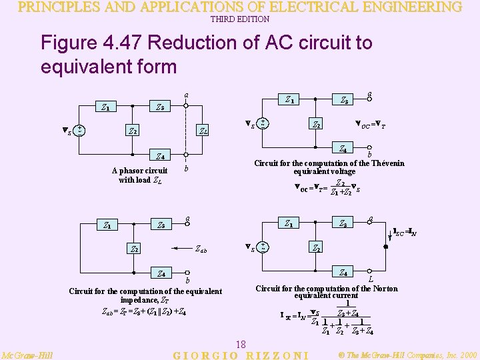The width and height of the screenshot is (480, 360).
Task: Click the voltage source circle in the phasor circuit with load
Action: (79, 130)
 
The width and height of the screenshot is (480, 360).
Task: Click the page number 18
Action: (241, 344)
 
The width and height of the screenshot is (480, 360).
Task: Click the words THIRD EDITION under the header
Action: (240, 19)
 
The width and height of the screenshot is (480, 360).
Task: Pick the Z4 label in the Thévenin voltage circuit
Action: (343, 149)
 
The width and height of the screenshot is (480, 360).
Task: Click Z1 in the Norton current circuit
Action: (288, 223)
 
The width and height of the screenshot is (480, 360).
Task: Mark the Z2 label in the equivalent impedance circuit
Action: (135, 250)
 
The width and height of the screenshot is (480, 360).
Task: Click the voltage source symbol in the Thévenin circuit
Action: (263, 123)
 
